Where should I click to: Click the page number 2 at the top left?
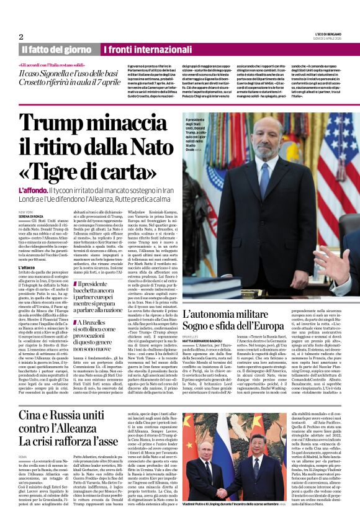21,37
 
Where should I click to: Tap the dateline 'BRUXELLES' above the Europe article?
191,336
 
